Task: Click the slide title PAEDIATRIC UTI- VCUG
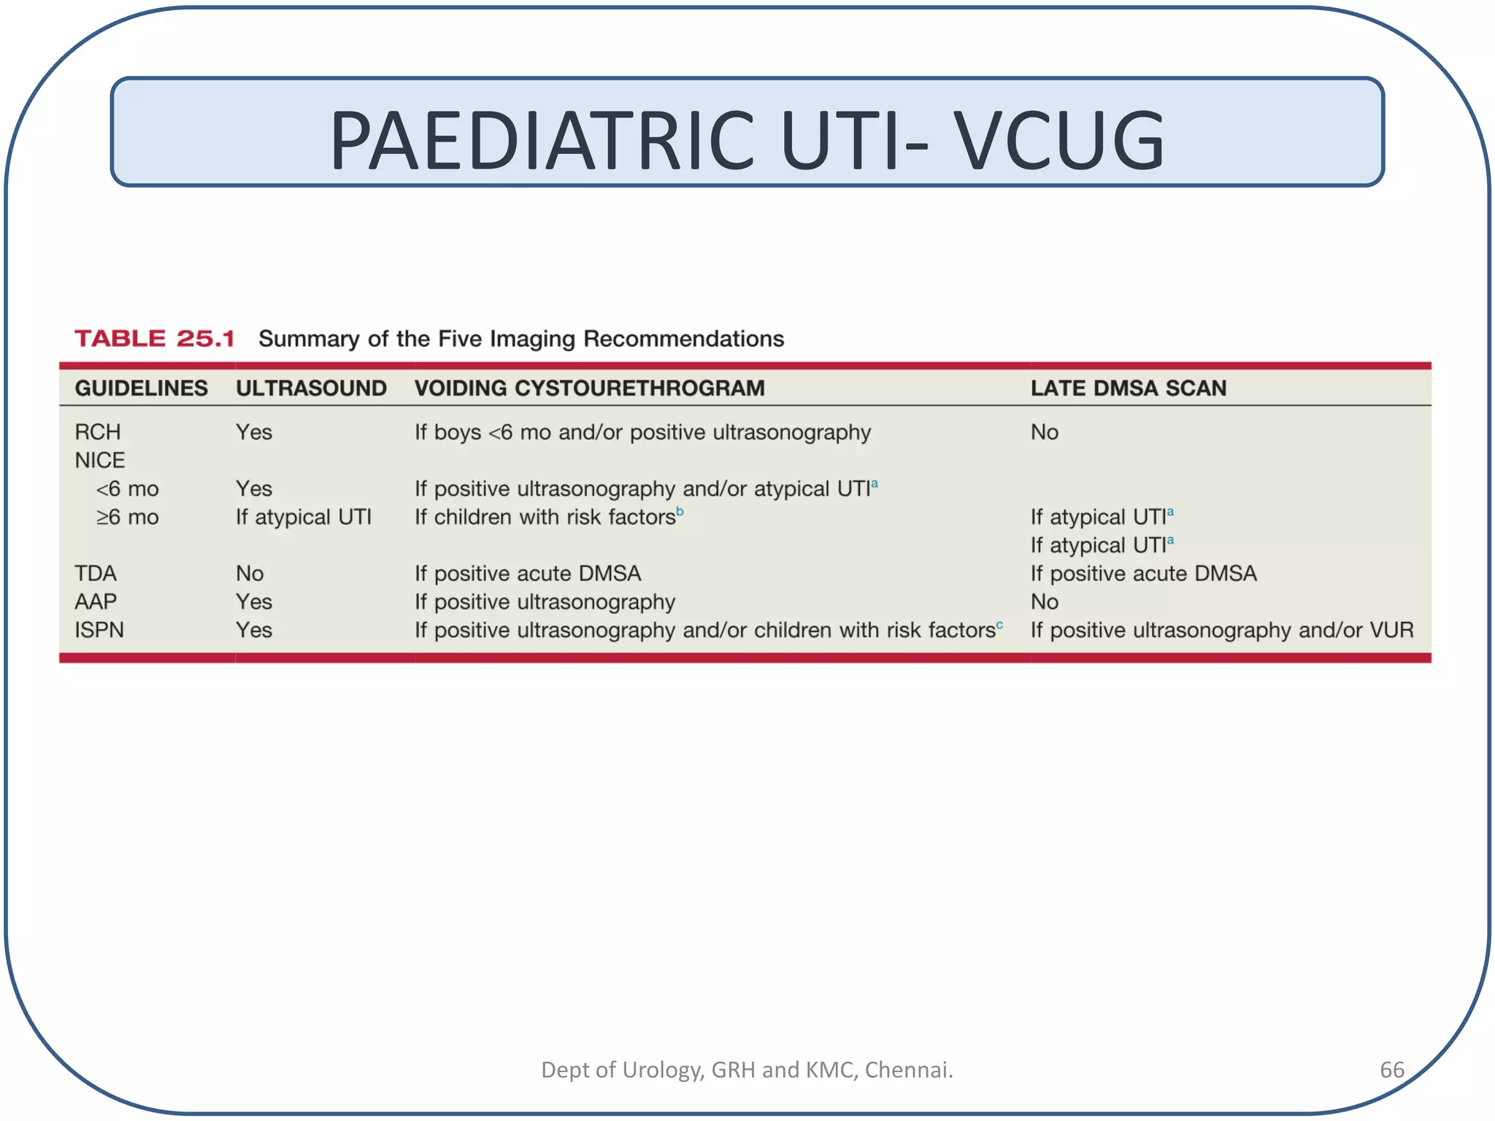(x=747, y=139)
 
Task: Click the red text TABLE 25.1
(x=155, y=339)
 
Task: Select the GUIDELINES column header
(x=141, y=388)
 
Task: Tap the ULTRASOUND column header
(x=311, y=388)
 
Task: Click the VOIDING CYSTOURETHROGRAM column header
(x=589, y=388)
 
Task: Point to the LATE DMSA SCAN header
(x=1128, y=388)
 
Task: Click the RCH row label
(x=97, y=432)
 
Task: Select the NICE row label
(x=99, y=461)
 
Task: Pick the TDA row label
(x=95, y=574)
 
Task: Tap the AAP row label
(x=95, y=602)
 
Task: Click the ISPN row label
(x=99, y=630)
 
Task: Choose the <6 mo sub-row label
(x=127, y=489)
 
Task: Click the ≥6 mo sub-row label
(x=127, y=517)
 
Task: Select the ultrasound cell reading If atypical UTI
(x=303, y=517)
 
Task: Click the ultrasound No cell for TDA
(x=250, y=574)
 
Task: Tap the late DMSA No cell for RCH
(x=1044, y=432)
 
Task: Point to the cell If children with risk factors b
(x=547, y=517)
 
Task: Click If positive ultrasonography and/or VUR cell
(x=1221, y=630)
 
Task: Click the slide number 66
(x=1391, y=1070)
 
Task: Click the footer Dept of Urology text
(x=747, y=1070)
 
